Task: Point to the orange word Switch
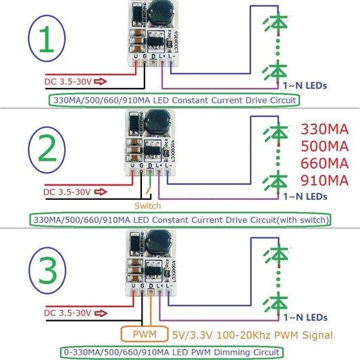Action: point(148,205)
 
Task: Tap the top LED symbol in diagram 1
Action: point(278,23)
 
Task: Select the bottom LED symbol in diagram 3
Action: point(278,300)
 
